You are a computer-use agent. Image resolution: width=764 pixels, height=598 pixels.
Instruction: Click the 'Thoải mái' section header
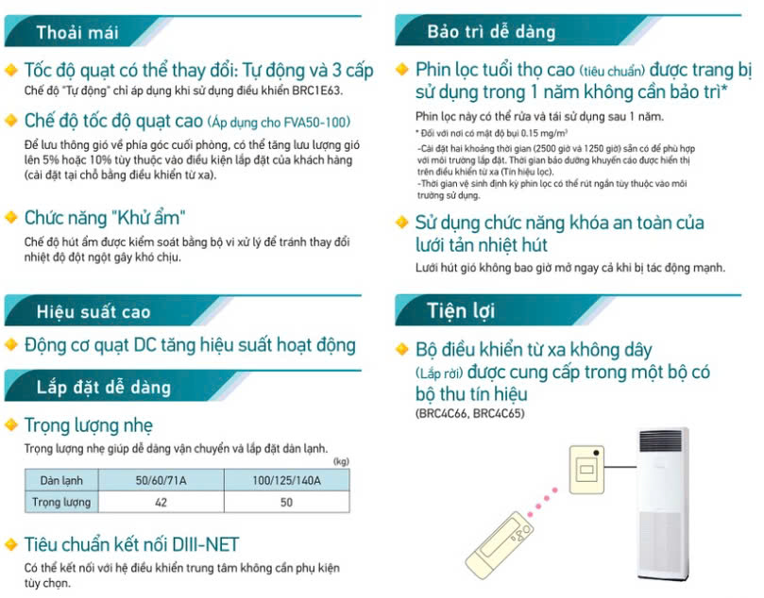pyautogui.click(x=78, y=33)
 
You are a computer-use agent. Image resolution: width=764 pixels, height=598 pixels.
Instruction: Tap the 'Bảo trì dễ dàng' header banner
pyautogui.click(x=491, y=32)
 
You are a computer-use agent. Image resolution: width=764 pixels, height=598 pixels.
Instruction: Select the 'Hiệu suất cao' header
pyautogui.click(x=93, y=311)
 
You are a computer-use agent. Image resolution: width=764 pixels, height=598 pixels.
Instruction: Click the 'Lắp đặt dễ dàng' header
pyautogui.click(x=104, y=388)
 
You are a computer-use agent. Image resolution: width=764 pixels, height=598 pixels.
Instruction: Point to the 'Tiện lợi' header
pyautogui.click(x=461, y=310)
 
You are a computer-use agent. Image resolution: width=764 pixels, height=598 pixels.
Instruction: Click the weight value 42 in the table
pyautogui.click(x=161, y=502)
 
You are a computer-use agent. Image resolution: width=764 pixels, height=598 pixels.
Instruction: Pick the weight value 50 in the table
pyautogui.click(x=286, y=502)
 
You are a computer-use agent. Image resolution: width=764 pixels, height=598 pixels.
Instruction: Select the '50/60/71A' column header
pyautogui.click(x=161, y=480)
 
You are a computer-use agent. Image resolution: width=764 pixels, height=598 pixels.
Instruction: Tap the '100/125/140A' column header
pyautogui.click(x=286, y=480)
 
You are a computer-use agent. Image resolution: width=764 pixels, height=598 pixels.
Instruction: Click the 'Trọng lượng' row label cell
pyautogui.click(x=61, y=502)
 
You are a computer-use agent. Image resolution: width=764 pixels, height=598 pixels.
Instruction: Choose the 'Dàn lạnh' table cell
pyautogui.click(x=61, y=480)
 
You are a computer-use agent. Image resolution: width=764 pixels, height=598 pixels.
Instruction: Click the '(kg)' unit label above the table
pyautogui.click(x=341, y=461)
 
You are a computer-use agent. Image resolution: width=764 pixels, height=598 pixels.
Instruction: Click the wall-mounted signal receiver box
pyautogui.click(x=586, y=469)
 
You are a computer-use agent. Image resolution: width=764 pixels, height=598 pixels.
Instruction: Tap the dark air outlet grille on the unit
pyautogui.click(x=660, y=441)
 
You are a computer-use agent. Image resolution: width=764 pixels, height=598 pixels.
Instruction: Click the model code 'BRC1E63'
pyautogui.click(x=316, y=91)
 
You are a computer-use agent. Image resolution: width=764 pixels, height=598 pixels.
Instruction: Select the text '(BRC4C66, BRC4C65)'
pyautogui.click(x=469, y=413)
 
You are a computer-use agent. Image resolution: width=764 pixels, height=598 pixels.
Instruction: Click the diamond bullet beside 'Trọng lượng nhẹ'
pyautogui.click(x=11, y=424)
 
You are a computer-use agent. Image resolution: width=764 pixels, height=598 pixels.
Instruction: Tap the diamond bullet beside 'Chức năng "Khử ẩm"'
pyautogui.click(x=11, y=217)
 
